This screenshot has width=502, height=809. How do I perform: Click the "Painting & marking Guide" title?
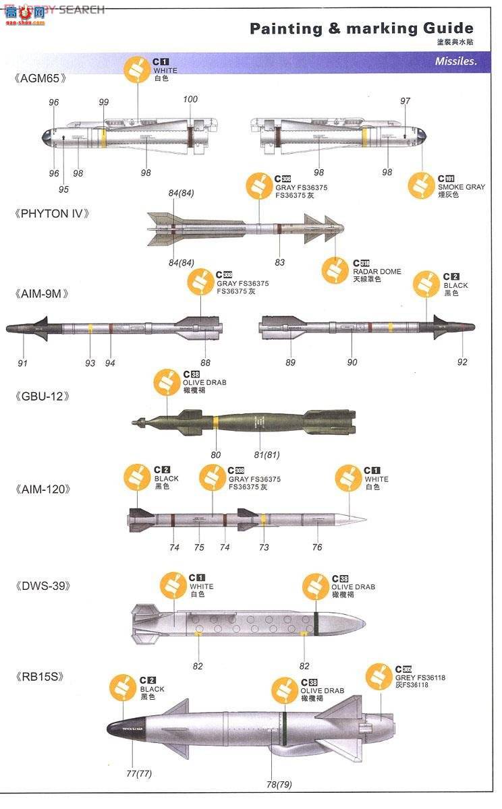coord(361,28)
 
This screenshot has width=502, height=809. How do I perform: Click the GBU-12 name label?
coord(42,396)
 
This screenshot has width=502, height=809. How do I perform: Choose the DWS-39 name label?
coord(42,586)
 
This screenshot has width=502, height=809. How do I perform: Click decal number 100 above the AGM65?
coord(190,100)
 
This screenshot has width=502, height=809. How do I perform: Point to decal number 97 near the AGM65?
coord(405,101)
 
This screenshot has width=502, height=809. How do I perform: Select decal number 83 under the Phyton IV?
coord(279,262)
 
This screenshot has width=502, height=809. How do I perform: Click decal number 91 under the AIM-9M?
coord(23,363)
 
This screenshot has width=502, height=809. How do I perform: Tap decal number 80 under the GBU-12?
coord(215,454)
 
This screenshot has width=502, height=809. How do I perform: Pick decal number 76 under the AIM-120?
coord(316,547)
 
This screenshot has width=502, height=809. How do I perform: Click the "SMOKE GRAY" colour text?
coord(461,187)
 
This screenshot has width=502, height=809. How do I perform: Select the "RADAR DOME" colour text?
coord(376,272)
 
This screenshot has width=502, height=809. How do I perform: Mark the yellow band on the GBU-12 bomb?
coord(215,423)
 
